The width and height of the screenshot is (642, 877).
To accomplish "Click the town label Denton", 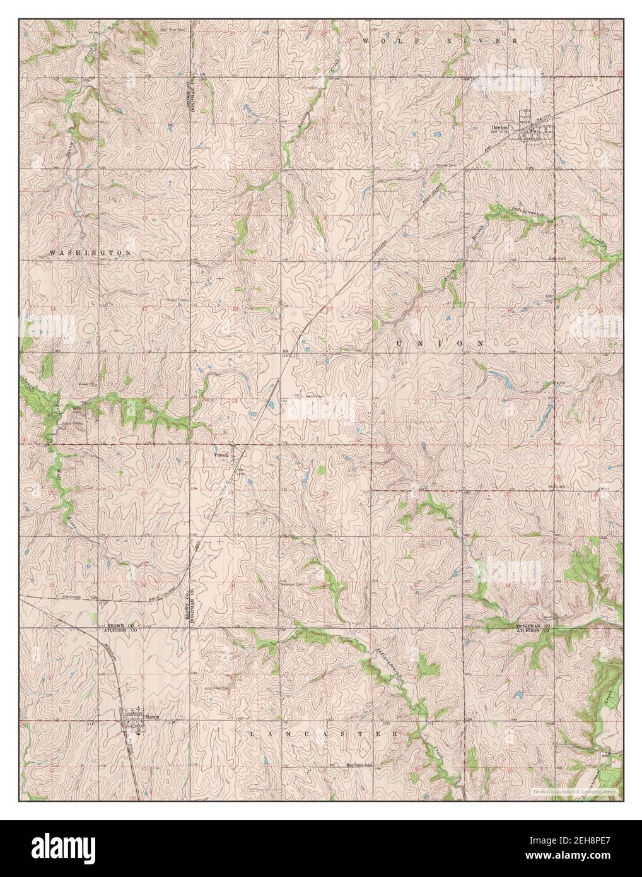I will point(499,126).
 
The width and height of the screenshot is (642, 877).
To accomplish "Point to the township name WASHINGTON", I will point(90,252).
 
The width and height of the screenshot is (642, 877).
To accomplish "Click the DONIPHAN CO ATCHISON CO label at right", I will point(534,627).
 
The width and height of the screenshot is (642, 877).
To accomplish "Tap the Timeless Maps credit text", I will point(573,791).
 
